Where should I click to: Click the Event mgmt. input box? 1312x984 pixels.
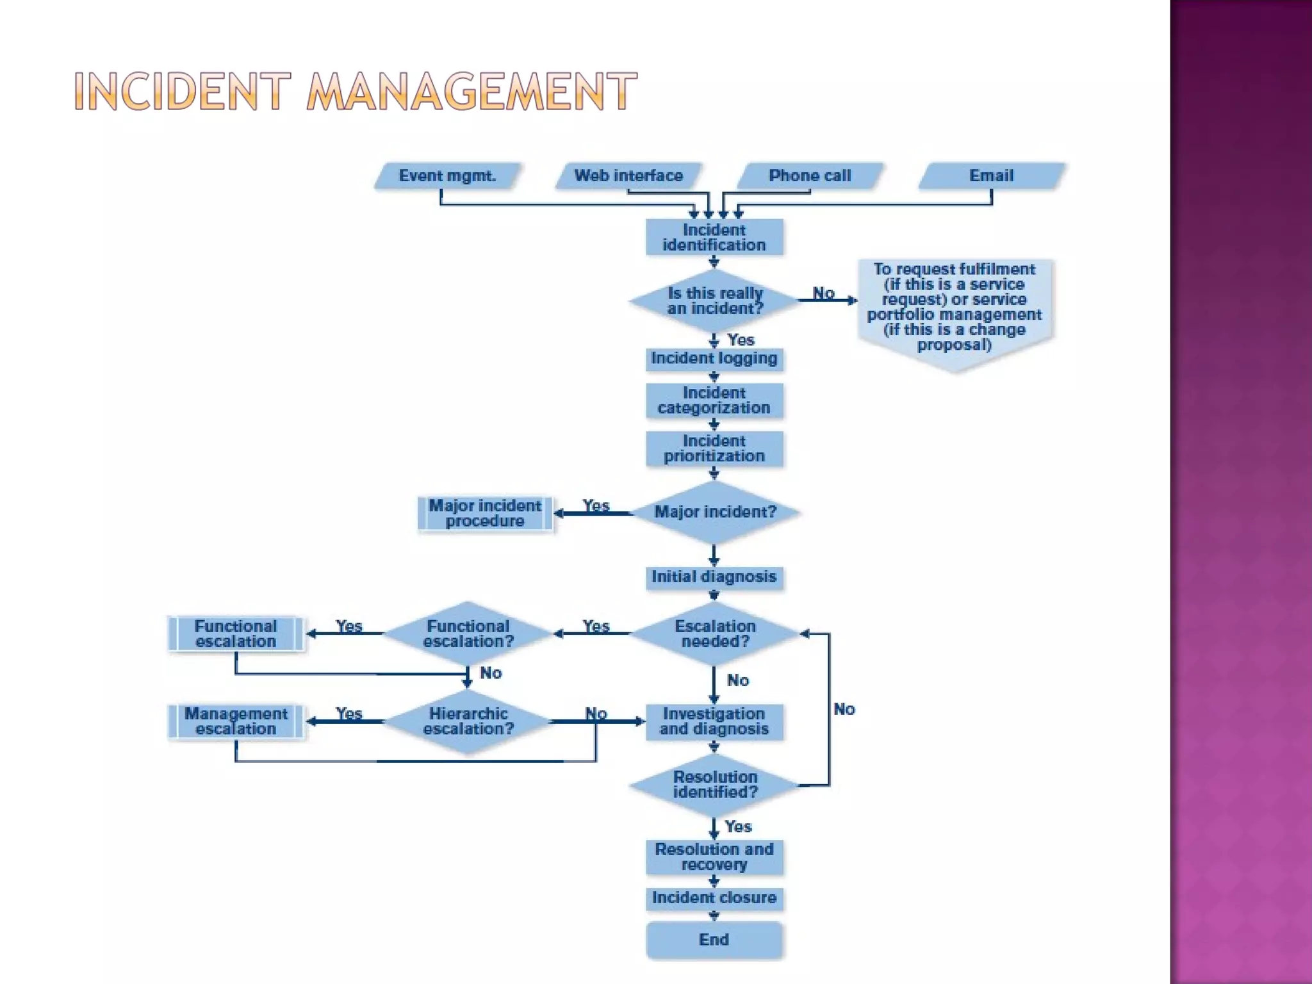[447, 176]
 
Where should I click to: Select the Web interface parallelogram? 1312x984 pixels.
[628, 176]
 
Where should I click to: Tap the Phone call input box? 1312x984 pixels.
[810, 176]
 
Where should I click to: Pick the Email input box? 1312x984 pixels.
[991, 176]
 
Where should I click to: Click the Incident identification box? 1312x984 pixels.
[714, 237]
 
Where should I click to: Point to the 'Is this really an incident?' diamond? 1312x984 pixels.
[714, 300]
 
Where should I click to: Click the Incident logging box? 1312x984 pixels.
[714, 358]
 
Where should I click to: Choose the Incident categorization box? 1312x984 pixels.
[714, 400]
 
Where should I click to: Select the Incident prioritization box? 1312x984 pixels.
[714, 448]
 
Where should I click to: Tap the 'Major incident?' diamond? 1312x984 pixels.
[714, 512]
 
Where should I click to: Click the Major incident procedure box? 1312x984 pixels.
[485, 513]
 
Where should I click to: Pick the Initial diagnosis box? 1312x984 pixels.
[714, 577]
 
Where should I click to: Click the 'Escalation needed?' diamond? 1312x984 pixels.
[714, 634]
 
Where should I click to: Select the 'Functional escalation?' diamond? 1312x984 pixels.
[468, 634]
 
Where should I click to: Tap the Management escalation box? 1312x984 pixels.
[236, 721]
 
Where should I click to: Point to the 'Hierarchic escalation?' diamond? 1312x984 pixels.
[468, 721]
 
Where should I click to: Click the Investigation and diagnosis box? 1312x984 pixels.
[714, 721]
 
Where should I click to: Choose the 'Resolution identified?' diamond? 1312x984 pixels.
[714, 785]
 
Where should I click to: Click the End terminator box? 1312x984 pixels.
[714, 939]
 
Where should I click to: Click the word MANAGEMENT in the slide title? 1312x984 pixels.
[471, 91]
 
